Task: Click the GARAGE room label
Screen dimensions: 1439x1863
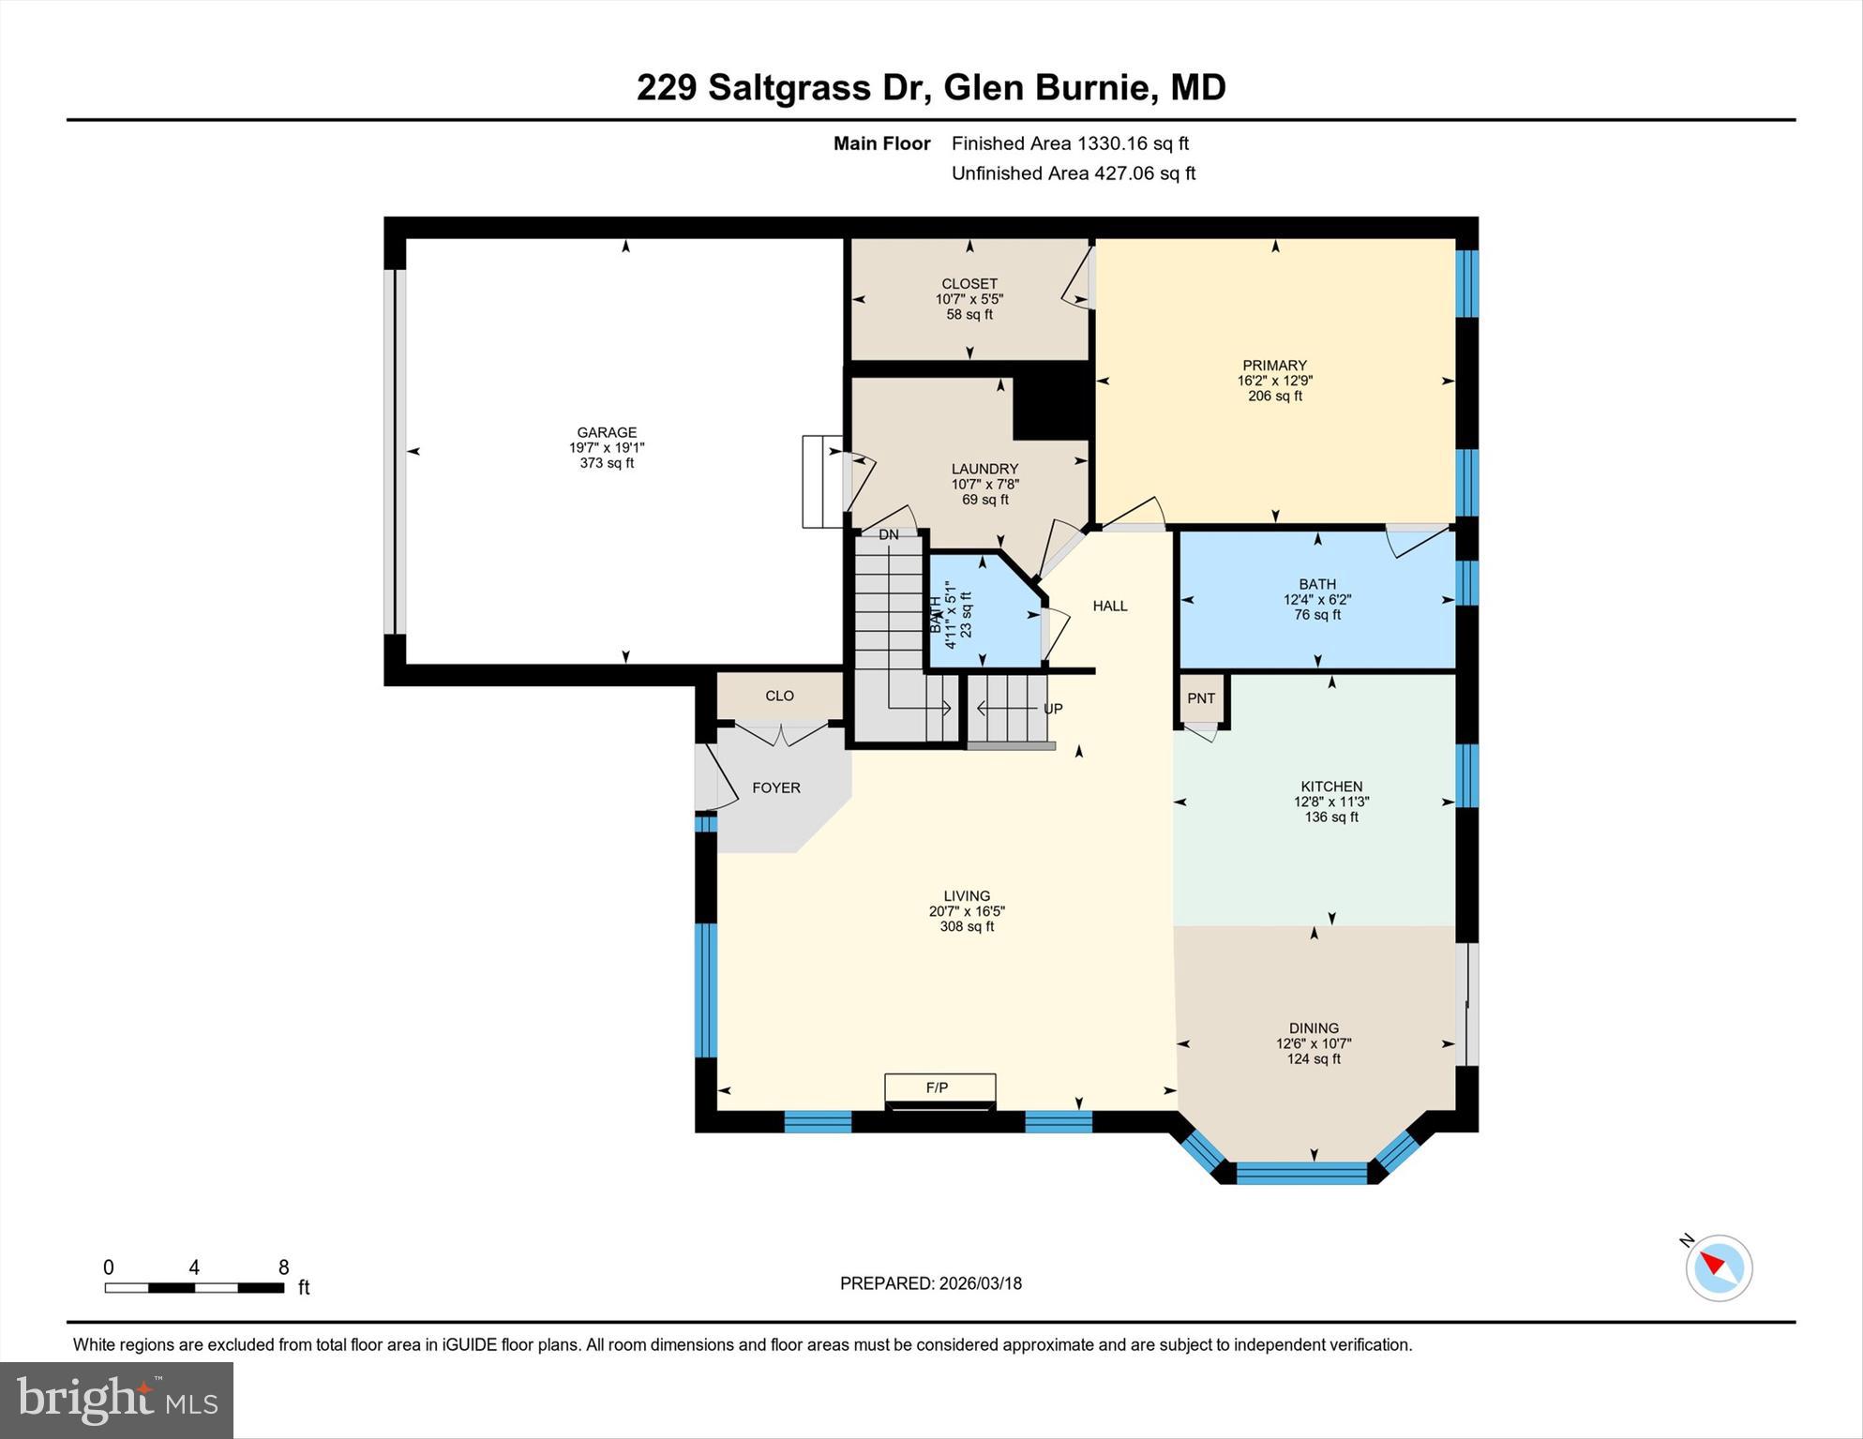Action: pyautogui.click(x=606, y=432)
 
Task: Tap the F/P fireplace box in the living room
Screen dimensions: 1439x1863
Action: pyautogui.click(x=939, y=1087)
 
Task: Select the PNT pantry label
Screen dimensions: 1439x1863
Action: pyautogui.click(x=1200, y=698)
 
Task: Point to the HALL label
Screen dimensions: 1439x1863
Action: pyautogui.click(x=1109, y=606)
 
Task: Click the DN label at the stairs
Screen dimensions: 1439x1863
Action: pyautogui.click(x=888, y=534)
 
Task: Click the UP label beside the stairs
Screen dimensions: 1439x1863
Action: pyautogui.click(x=1053, y=709)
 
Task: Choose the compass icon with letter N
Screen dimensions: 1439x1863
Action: pyautogui.click(x=1718, y=1267)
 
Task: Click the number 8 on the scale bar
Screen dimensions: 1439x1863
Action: pyautogui.click(x=283, y=1267)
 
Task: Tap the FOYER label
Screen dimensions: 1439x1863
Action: pyautogui.click(x=775, y=787)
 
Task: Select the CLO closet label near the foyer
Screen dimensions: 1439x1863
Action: pyautogui.click(x=779, y=696)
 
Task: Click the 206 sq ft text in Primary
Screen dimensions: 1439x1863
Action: pyautogui.click(x=1274, y=397)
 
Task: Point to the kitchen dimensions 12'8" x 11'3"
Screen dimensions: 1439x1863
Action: pyautogui.click(x=1331, y=802)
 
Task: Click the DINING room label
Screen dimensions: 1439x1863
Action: pyautogui.click(x=1314, y=1027)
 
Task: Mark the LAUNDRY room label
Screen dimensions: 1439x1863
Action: pyautogui.click(x=984, y=469)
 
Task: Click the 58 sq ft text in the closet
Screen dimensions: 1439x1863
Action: pyautogui.click(x=969, y=315)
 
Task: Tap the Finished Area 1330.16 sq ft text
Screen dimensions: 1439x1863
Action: pyautogui.click(x=1070, y=143)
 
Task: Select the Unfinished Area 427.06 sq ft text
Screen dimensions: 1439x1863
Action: pyautogui.click(x=1073, y=173)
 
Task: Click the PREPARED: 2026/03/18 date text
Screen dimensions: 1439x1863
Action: pyautogui.click(x=930, y=1283)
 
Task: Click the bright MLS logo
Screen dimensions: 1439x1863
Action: pyautogui.click(x=116, y=1400)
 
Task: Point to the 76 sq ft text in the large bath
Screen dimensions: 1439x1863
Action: pyautogui.click(x=1316, y=615)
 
